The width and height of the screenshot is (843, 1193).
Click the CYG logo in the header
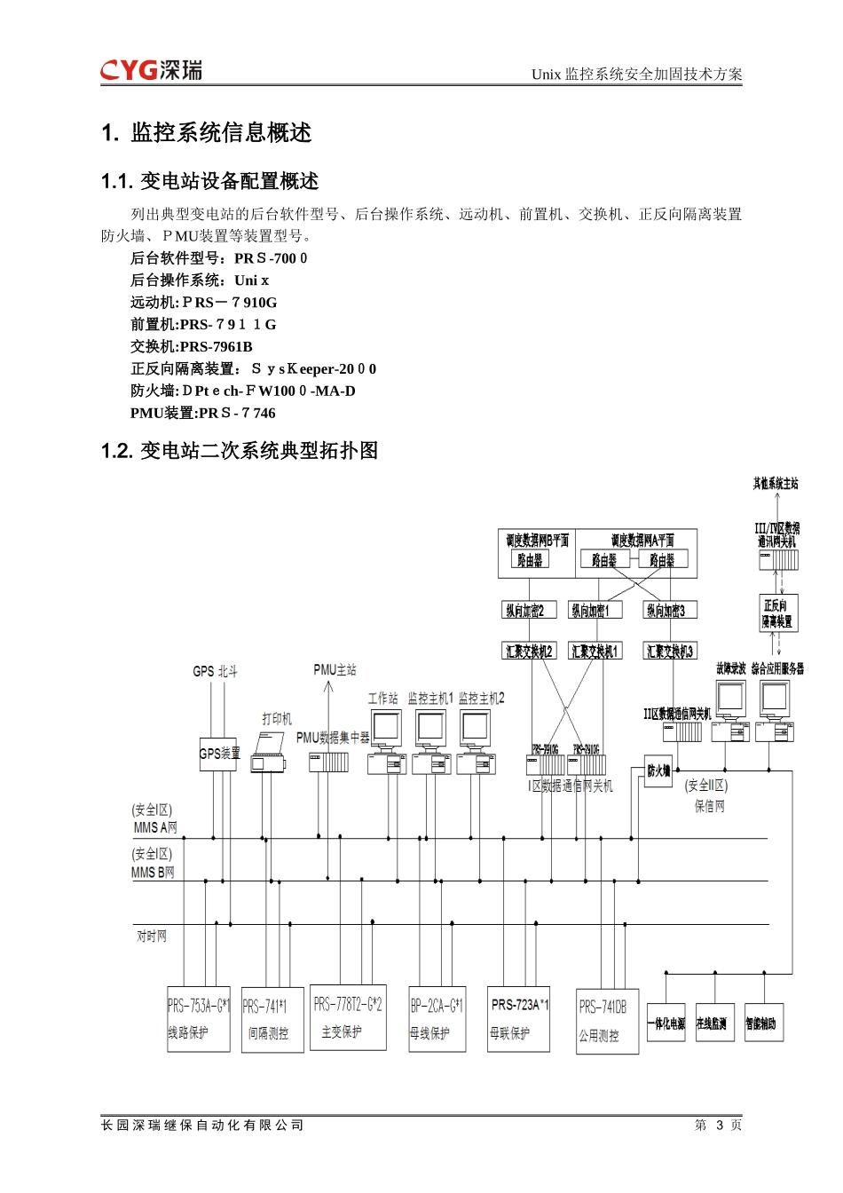coord(151,69)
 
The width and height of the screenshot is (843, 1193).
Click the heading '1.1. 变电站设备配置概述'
coord(210,181)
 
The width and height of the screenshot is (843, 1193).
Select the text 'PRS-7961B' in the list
coord(217,346)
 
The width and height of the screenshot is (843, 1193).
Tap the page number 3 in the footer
coord(720,1125)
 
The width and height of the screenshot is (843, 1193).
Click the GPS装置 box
coord(218,754)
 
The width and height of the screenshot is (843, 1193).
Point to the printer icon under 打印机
coord(268,753)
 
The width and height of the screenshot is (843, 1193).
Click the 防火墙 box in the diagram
coord(658,770)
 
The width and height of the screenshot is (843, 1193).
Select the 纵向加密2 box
coord(524,610)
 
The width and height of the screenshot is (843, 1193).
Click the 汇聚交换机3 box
coord(669,651)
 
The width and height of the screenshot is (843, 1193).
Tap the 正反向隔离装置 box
coord(778,613)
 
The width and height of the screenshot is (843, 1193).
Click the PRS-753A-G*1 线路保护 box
coord(199,1019)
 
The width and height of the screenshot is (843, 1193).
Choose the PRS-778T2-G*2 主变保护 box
coord(348,1018)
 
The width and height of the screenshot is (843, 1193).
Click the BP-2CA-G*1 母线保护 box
coord(437,1019)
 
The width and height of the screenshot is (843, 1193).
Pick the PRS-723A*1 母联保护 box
coord(519,1019)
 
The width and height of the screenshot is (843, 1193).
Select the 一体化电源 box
coord(666,1023)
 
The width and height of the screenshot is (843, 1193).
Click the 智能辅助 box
coord(761,1023)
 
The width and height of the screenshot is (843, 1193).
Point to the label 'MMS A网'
coord(155,827)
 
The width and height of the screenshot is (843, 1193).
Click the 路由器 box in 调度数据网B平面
coord(530,560)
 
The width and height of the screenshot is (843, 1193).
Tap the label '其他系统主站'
coord(776,484)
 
